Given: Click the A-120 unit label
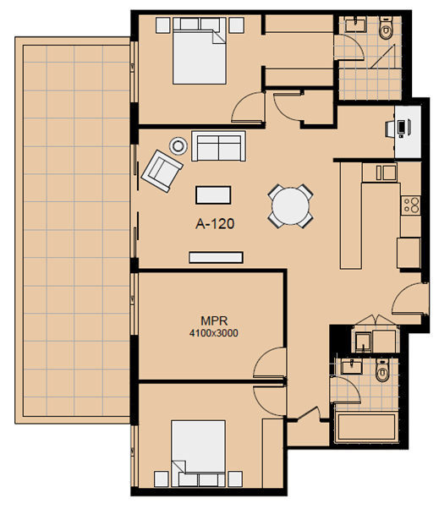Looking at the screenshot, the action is (x=215, y=224).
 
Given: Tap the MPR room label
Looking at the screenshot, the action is (x=214, y=321).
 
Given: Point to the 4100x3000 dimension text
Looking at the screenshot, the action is (x=214, y=333).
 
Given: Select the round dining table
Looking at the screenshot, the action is (x=291, y=206).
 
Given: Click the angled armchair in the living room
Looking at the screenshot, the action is (x=162, y=171).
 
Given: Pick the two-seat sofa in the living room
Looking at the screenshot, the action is (x=218, y=145).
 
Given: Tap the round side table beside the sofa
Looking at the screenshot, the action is (x=178, y=146).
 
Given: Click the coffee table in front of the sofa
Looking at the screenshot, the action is (x=213, y=195).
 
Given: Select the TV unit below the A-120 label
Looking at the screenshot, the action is (x=216, y=257).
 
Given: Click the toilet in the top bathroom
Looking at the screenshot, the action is (x=386, y=28).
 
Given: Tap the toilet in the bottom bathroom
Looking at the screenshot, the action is (x=382, y=370).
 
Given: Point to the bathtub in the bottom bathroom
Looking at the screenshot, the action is (x=367, y=427).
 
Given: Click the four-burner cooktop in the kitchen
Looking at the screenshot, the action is (x=411, y=205).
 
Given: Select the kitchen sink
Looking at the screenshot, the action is (x=386, y=172).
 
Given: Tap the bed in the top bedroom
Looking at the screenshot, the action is (x=200, y=51).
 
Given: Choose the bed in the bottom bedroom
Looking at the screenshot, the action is (x=199, y=453).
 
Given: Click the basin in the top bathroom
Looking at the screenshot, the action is (x=355, y=24).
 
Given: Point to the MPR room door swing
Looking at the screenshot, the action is (x=269, y=362).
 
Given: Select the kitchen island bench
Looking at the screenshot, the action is (x=351, y=216).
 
